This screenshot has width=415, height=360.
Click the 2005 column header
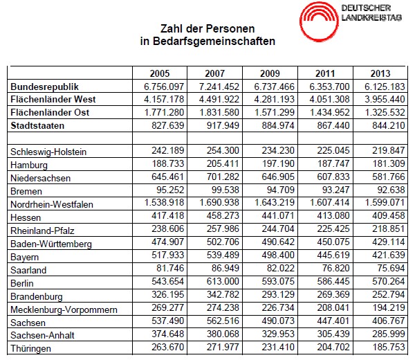159,73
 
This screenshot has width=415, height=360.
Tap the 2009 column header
270,73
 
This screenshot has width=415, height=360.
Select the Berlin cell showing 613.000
222,282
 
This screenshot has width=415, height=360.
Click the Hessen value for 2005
167,217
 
